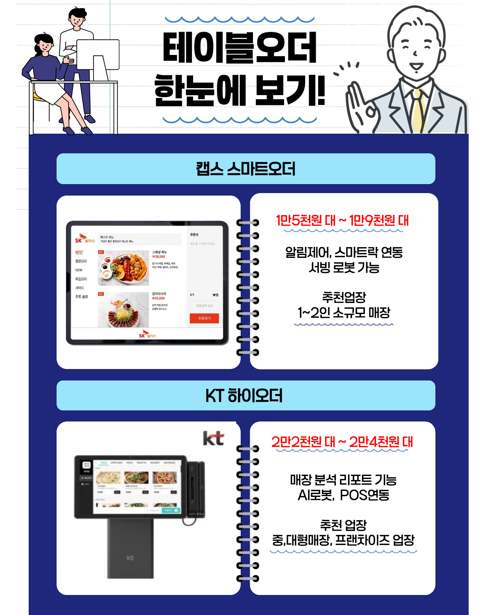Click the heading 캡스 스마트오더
(246, 169)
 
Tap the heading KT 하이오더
(244, 396)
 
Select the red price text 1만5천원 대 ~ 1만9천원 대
(342, 221)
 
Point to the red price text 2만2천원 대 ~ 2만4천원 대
(342, 442)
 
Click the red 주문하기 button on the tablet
(204, 319)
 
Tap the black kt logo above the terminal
(213, 438)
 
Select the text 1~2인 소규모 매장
(344, 313)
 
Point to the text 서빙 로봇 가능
(344, 268)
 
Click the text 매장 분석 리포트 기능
(343, 480)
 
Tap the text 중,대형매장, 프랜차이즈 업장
(343, 540)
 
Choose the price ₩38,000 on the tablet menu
(159, 257)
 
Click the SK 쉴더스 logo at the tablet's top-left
(84, 239)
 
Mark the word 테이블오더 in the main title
(240, 48)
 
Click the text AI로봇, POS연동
(343, 495)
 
